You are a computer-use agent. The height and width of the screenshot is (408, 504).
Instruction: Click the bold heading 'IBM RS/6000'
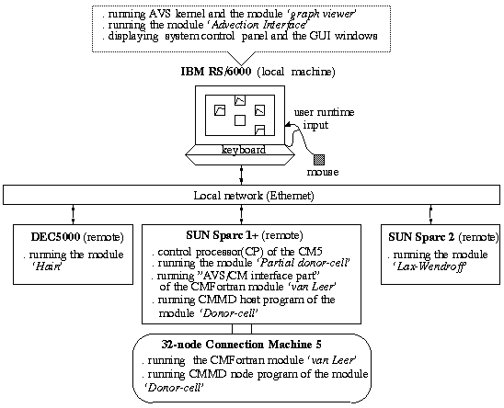216,71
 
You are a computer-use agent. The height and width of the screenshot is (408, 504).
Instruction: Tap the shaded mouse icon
319,160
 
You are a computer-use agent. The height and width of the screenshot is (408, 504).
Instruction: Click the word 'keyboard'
244,150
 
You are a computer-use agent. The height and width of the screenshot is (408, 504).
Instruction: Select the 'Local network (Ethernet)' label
254,196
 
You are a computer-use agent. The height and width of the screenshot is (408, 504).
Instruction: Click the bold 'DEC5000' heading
55,237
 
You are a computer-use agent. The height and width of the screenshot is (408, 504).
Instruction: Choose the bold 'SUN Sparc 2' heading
421,237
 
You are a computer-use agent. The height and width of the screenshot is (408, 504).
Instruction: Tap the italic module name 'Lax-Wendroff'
430,266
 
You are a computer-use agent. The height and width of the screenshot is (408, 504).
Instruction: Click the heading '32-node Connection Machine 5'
241,345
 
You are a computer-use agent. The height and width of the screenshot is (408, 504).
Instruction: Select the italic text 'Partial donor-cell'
304,263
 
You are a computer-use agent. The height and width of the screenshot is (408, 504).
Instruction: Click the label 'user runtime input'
324,119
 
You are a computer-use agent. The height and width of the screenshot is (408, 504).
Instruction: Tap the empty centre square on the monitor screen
240,120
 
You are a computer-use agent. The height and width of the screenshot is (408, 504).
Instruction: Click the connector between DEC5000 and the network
73,214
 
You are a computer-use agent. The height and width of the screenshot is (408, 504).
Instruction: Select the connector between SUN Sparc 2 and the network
430,214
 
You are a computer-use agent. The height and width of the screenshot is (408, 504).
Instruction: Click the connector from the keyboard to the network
241,176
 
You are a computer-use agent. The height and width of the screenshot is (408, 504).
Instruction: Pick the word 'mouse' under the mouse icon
323,172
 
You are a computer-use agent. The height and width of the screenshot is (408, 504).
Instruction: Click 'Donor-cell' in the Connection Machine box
174,388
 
